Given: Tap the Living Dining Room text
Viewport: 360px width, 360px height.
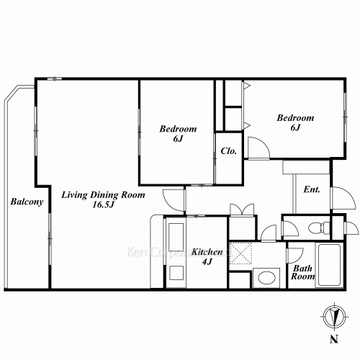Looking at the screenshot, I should click(104, 195).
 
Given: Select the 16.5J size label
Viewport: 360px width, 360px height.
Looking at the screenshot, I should click(104, 205).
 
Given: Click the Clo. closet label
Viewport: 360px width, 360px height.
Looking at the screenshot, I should click(229, 151).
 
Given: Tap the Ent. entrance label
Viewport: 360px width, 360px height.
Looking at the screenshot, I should click(312, 190).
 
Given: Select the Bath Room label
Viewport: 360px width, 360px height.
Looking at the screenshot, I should click(302, 271).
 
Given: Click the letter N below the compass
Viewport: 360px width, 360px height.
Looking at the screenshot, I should click(332, 339).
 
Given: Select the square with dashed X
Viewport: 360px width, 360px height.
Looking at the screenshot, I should click(240, 253).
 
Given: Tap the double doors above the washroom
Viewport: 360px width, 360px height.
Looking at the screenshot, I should click(240, 210).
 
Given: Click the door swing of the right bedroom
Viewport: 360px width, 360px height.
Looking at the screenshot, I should click(258, 148).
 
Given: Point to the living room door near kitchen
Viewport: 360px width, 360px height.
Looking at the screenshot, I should click(174, 197).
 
